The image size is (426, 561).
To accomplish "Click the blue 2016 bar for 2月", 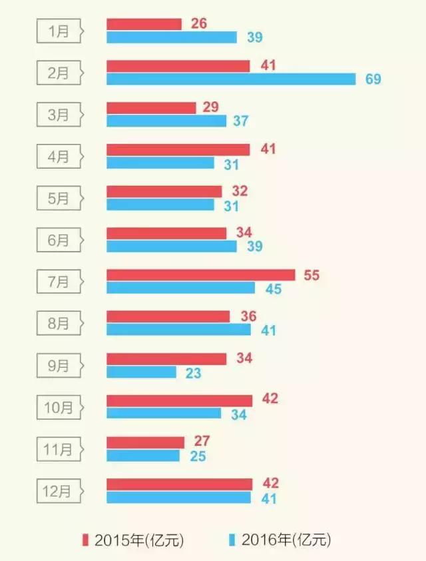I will (231, 79).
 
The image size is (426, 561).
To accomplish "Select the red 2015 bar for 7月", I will (200, 275).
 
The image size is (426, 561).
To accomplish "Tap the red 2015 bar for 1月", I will (144, 24).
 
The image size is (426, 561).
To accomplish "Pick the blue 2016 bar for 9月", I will (141, 372).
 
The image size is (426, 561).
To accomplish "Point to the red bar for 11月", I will (145, 442).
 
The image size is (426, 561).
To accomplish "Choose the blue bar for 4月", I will (160, 163).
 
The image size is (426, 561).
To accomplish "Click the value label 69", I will (373, 79).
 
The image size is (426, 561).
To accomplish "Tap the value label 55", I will (312, 275).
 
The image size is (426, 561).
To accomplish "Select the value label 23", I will (193, 372).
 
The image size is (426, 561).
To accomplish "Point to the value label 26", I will (198, 24).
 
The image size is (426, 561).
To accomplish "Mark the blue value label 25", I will (198, 456).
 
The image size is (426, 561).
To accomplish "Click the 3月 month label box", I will (59, 115).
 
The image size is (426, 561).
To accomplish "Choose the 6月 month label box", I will (59, 241).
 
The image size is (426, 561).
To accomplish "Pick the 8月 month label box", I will (59, 324).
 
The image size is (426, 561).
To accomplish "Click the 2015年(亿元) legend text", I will (139, 539).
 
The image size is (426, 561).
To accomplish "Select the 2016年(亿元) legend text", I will (286, 539).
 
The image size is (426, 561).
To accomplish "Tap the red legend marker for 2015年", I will (85, 539).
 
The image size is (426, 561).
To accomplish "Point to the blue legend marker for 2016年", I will (232, 539).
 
